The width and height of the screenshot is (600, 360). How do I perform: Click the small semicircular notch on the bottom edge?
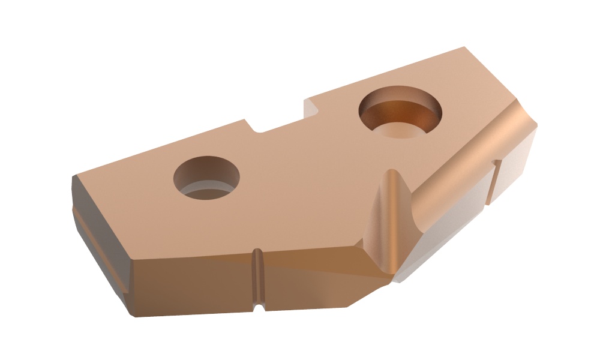point(259,307)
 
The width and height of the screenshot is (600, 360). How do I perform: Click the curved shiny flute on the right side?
point(456,174)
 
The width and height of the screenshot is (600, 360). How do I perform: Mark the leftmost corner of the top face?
point(73,177)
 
